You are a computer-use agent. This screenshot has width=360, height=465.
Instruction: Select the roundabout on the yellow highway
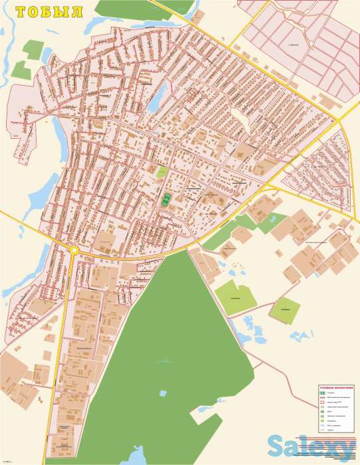pyautogui.click(x=73, y=250)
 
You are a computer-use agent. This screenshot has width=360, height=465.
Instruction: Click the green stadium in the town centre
pyautogui.click(x=165, y=199)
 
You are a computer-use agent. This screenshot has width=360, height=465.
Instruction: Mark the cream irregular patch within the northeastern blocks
pyautogui.click(x=238, y=120)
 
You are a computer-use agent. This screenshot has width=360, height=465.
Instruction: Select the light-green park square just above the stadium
pyautogui.click(x=161, y=172)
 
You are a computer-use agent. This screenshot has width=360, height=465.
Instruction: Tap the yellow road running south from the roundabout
pyautogui.click(x=66, y=312)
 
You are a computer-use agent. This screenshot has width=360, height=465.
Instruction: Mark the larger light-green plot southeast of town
pyautogui.click(x=235, y=296)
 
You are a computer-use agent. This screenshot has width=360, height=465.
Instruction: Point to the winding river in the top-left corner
pyautogui.click(x=7, y=63)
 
